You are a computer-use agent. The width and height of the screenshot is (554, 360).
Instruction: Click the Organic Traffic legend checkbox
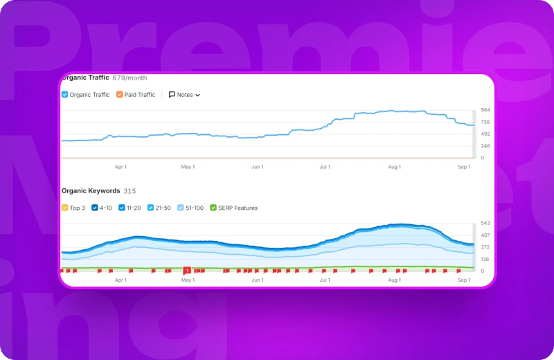[64, 95]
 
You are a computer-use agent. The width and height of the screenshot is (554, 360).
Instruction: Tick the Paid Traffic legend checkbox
[120, 95]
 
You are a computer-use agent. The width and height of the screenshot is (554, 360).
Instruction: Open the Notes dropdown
[184, 95]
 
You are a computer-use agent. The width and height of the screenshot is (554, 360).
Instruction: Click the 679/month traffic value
[129, 78]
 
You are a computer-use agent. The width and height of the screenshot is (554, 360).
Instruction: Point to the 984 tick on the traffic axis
[485, 110]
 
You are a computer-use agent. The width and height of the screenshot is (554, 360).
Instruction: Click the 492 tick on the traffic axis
[485, 134]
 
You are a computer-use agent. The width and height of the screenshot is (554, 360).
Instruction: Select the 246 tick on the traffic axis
[485, 146]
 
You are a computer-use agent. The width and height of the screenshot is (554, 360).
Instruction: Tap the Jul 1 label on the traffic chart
[325, 167]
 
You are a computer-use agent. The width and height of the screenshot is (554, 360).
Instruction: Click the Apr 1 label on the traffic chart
[120, 167]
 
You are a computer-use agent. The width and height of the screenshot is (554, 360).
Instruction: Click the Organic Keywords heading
[91, 190]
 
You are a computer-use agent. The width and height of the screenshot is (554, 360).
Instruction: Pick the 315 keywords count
[129, 190]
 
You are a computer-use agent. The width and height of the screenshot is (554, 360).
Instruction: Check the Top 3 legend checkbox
[64, 208]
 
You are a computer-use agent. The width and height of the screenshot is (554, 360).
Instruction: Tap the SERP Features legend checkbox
[213, 208]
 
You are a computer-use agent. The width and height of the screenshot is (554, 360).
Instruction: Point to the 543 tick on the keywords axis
[485, 224]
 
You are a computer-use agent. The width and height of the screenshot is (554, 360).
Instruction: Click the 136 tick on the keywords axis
[485, 260]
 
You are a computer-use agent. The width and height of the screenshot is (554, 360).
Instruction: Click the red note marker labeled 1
[187, 270]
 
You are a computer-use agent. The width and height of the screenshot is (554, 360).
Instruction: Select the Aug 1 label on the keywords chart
[394, 280]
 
